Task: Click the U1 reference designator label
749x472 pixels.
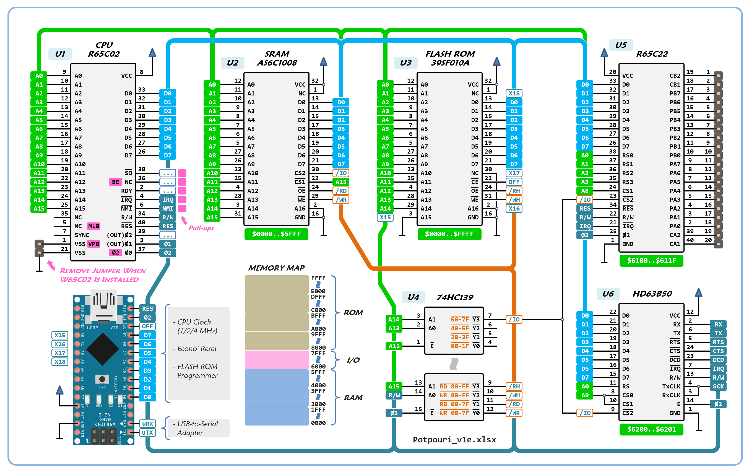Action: tap(60, 54)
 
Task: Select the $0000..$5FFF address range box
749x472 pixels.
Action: tap(276, 234)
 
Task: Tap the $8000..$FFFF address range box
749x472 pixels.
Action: tap(449, 234)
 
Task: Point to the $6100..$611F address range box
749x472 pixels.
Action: tap(651, 260)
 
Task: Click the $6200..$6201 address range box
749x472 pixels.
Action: tap(651, 429)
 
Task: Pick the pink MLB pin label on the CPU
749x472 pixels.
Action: tap(93, 226)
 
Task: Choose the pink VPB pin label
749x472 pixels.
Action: tap(93, 244)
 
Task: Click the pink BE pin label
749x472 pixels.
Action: tap(115, 182)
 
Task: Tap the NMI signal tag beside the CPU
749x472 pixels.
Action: tap(168, 208)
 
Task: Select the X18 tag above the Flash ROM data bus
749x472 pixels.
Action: tap(514, 93)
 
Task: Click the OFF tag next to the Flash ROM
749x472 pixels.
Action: tap(514, 182)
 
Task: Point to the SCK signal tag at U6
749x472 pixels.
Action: tap(718, 387)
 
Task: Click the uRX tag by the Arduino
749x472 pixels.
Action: tap(147, 424)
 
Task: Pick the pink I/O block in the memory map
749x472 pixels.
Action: tap(276, 360)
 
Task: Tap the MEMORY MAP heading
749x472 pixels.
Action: tap(276, 268)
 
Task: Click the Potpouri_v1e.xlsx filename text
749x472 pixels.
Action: tap(454, 439)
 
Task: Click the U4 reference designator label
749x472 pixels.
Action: tap(413, 297)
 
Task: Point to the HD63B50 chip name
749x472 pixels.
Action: tap(652, 294)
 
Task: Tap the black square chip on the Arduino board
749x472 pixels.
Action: tap(102, 349)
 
